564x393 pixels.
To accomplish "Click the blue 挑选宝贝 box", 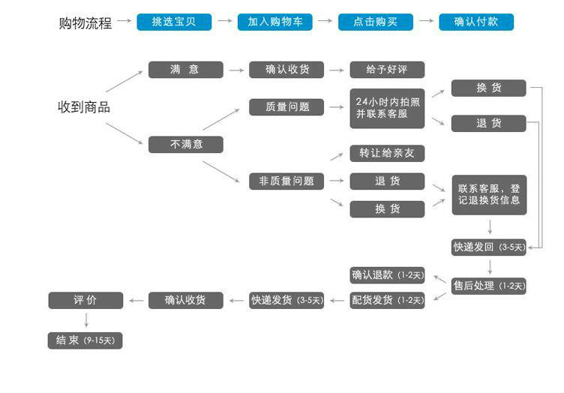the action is point(174,22).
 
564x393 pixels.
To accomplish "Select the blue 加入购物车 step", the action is point(274,22).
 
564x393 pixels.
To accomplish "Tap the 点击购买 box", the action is point(376,22).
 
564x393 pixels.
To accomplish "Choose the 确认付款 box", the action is point(476,22).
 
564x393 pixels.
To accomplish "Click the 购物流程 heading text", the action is point(85,23).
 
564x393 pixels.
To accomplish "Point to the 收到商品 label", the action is point(84,107).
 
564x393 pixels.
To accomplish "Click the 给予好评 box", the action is point(387,70).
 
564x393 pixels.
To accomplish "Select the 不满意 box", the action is point(185,145).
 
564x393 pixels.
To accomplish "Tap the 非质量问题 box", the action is point(286,181).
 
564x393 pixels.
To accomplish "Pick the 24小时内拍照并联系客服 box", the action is point(387,108).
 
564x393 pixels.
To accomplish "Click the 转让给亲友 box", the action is point(387,153).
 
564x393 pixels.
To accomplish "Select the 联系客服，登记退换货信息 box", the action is point(489,195).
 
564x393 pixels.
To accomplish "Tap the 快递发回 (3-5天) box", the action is point(489,247).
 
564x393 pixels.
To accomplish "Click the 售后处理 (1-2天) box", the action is point(489,286).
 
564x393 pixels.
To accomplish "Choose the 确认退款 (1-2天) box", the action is point(387,275).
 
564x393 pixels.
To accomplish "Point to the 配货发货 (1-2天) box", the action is point(387,300).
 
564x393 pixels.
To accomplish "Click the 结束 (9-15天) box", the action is point(85,340).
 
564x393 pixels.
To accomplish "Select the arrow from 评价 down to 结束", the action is point(86,320).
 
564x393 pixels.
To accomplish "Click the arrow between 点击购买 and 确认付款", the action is point(426,21).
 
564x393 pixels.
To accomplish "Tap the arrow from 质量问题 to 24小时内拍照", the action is point(337,107).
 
